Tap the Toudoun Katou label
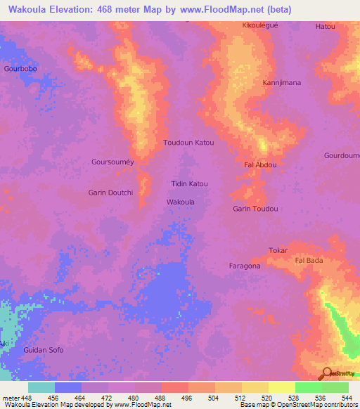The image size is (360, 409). [188, 143]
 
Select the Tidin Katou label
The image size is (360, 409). [190, 184]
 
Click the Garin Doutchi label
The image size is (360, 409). [110, 193]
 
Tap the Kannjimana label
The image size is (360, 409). [281, 83]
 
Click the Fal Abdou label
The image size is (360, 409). [260, 165]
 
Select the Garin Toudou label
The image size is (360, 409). [255, 209]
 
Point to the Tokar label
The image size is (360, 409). [278, 251]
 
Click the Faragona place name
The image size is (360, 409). [245, 266]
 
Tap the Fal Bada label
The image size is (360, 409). [309, 261]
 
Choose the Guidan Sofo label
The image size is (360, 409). [44, 350]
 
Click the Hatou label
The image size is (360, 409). [326, 27]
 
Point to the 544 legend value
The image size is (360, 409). [345, 397]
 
